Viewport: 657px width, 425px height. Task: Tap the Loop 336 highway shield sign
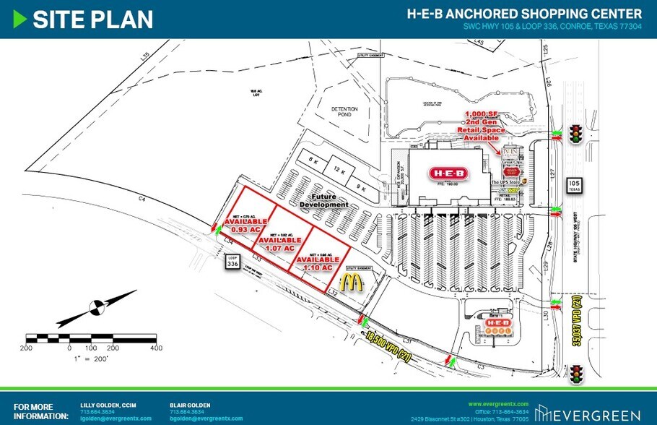tap(232, 262)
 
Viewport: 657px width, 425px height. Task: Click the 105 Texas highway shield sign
tap(574, 186)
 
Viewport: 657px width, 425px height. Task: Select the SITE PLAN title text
tap(93, 20)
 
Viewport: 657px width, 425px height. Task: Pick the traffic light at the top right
tap(576, 134)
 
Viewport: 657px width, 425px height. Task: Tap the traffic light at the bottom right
tap(576, 374)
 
